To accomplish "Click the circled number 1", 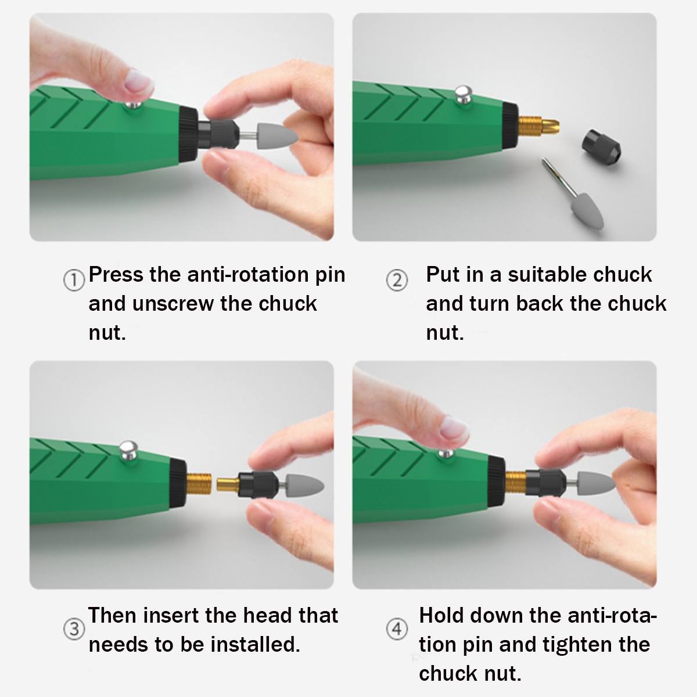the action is tap(74, 281).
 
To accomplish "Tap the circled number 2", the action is tap(397, 281).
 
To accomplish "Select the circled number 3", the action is tap(74, 629).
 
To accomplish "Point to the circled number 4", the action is tap(397, 629).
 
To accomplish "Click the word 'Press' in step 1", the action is tap(116, 275).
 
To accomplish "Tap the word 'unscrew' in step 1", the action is tap(173, 304).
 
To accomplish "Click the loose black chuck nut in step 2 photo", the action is tap(601, 148).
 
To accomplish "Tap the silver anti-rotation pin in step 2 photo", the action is tap(463, 94).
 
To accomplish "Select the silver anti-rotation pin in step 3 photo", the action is tap(128, 450).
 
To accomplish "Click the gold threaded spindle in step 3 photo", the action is tap(199, 484).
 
